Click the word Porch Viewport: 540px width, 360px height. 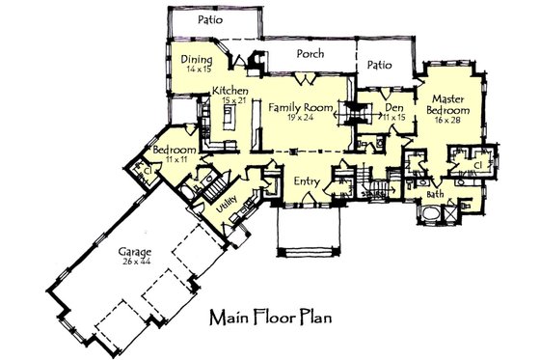(310, 54)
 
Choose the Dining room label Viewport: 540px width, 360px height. (197, 60)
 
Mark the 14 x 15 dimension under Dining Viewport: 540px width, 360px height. (197, 69)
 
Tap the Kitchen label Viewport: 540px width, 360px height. (230, 90)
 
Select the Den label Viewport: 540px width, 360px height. (392, 107)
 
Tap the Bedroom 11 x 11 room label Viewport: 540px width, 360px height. (175, 152)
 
